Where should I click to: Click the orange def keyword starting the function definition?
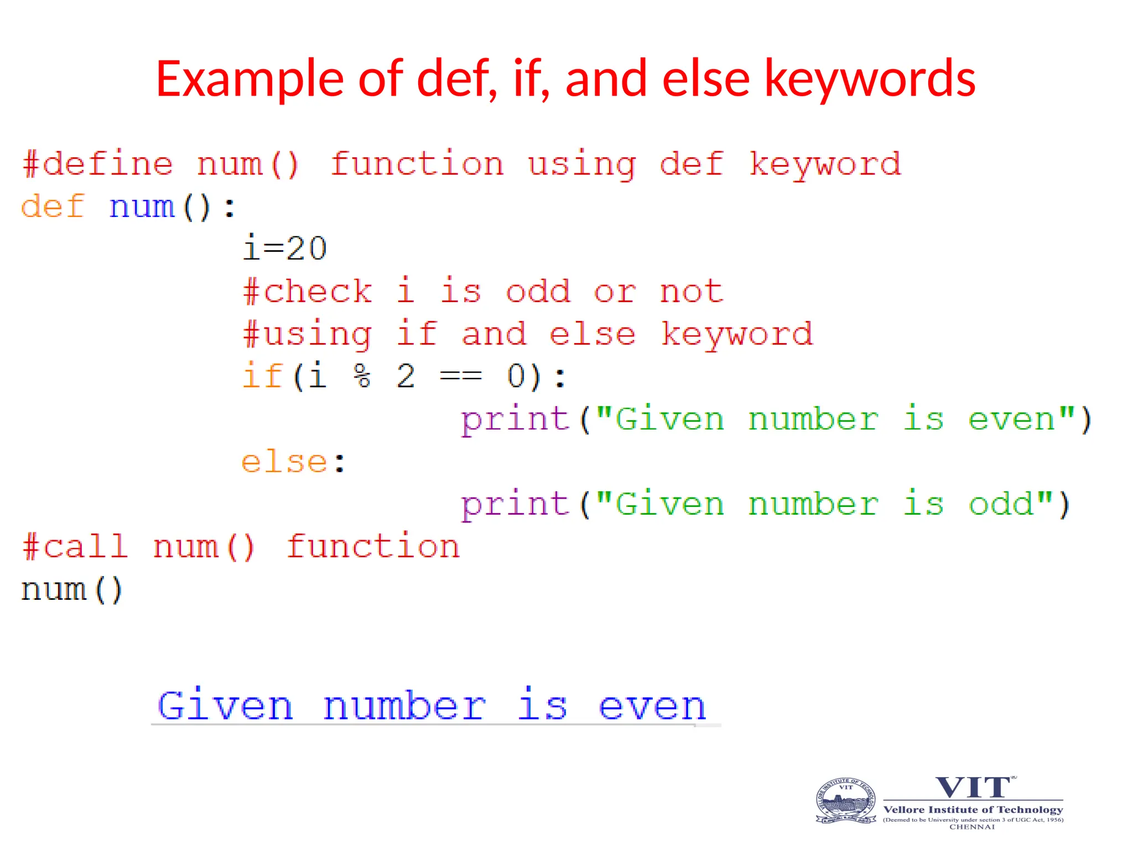[x=53, y=206]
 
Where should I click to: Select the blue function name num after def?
[x=142, y=208]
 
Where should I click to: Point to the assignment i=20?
[x=285, y=248]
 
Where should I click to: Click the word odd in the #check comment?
[x=538, y=291]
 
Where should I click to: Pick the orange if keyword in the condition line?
[x=263, y=376]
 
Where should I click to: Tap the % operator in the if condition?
[x=362, y=376]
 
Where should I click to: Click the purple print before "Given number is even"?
[x=515, y=419]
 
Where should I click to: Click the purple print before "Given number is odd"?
[x=515, y=505]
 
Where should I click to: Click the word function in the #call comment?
[x=373, y=547]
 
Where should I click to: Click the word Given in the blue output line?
[x=225, y=706]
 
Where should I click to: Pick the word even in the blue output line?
[x=652, y=707]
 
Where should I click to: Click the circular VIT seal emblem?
[x=846, y=801]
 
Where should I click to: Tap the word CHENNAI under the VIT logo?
[x=972, y=827]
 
